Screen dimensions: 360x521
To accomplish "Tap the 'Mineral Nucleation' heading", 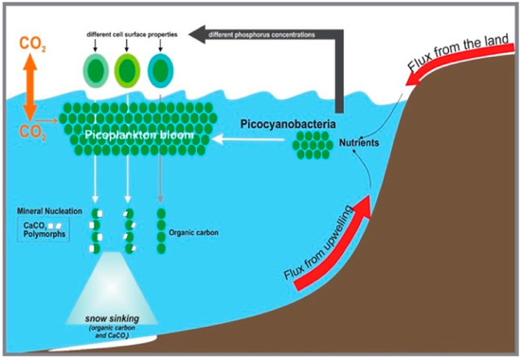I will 46,209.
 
